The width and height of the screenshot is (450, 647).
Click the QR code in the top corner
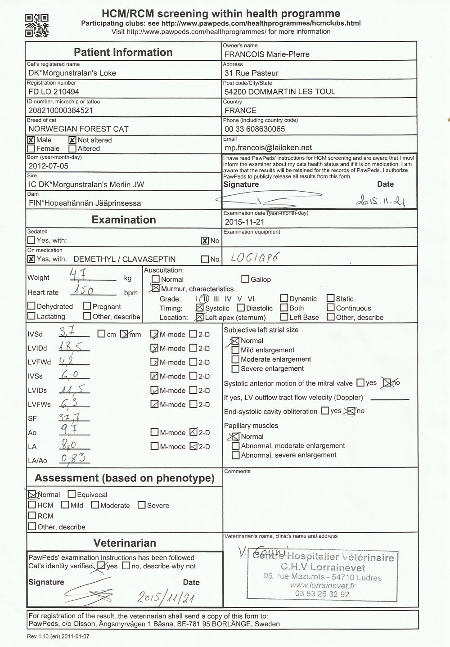(36, 25)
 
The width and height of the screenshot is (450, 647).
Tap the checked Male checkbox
(31, 140)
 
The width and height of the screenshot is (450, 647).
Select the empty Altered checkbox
(72, 148)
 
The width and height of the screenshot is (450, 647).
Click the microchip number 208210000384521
(61, 110)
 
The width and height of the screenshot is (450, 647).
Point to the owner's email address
(268, 148)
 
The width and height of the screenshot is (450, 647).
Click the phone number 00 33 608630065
(255, 129)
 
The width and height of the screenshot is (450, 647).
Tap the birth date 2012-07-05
(49, 166)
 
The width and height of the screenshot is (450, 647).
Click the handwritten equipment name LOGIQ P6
(255, 258)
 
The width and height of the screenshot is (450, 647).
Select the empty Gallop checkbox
(245, 279)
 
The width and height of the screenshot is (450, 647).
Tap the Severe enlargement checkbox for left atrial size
(235, 369)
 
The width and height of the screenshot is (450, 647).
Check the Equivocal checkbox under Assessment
(72, 494)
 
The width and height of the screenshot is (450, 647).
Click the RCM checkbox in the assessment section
(32, 516)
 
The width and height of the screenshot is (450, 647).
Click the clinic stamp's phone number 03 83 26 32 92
(322, 594)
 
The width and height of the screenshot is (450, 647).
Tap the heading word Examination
(124, 220)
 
